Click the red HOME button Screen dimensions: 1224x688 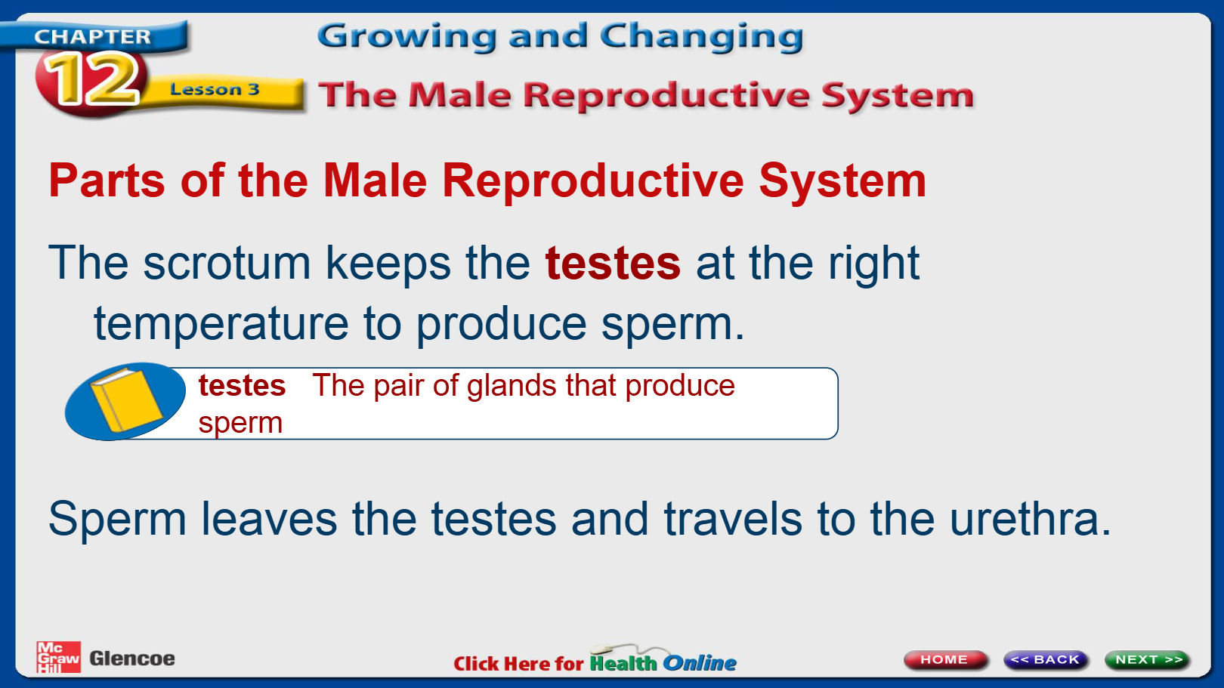coord(944,659)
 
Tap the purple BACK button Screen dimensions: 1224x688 coord(1046,659)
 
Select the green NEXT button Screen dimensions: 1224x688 coord(1148,659)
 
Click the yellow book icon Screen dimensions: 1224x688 coord(126,400)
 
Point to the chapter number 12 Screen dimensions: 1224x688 coord(91,80)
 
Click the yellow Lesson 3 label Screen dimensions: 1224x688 coord(215,89)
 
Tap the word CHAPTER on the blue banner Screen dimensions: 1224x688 coord(92,36)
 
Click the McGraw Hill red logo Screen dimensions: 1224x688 coord(58,657)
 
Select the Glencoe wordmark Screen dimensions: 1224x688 coord(132,659)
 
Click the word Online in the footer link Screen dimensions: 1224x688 coord(700,663)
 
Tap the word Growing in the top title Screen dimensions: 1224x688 coord(406,37)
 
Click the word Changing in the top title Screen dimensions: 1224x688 coord(702,37)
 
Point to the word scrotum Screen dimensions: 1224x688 coord(227,264)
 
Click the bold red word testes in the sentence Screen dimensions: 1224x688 coord(613,264)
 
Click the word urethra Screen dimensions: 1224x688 coord(1031,519)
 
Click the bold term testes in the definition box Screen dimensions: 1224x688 coord(242,386)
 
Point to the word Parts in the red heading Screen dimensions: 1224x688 coord(107,180)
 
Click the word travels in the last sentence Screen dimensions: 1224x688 coord(733,519)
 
